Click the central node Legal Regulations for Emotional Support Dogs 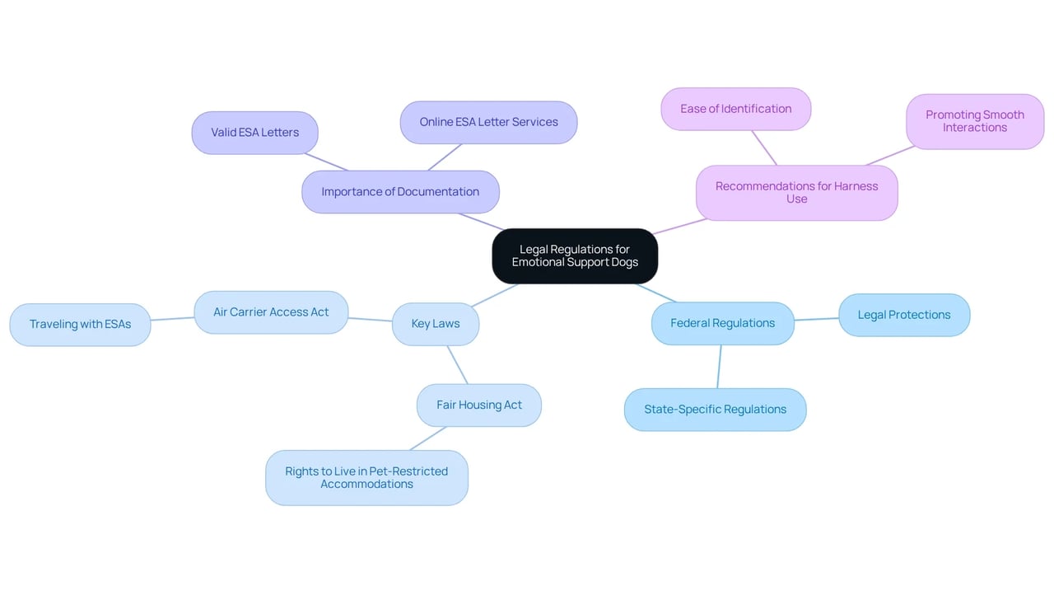[575, 256]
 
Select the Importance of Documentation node [400, 192]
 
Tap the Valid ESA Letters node [255, 133]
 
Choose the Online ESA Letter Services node [489, 123]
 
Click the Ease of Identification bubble [736, 110]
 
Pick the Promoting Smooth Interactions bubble [975, 121]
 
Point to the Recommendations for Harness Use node [796, 193]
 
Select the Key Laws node [436, 324]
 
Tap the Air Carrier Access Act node [271, 312]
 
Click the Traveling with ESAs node [81, 325]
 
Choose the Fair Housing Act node [479, 405]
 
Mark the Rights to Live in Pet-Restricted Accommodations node [366, 478]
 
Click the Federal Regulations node [723, 323]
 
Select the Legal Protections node [904, 315]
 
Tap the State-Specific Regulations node [716, 410]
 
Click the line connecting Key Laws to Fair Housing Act [457, 365]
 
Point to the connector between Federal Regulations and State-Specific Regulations [720, 367]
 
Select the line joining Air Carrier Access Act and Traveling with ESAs [172, 319]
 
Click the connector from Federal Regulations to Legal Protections [816, 319]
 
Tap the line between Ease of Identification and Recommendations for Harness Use [764, 148]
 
